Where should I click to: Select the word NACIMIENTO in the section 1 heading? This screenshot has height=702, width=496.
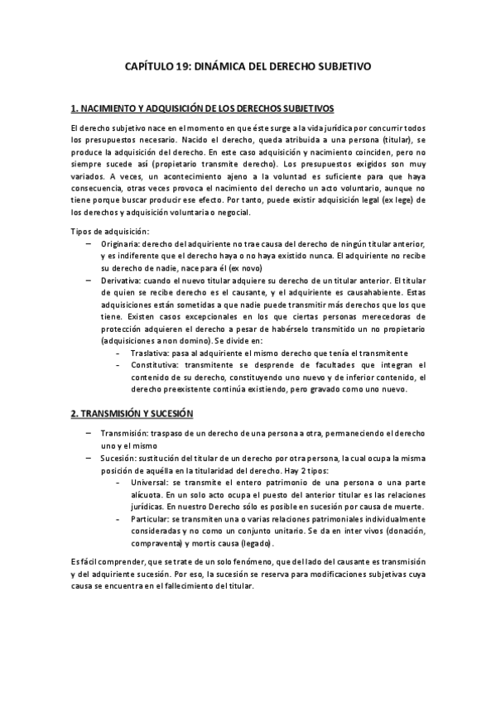coord(112,108)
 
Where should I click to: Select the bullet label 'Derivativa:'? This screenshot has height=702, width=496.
coord(120,281)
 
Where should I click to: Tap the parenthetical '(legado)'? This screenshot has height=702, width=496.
coord(255,544)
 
